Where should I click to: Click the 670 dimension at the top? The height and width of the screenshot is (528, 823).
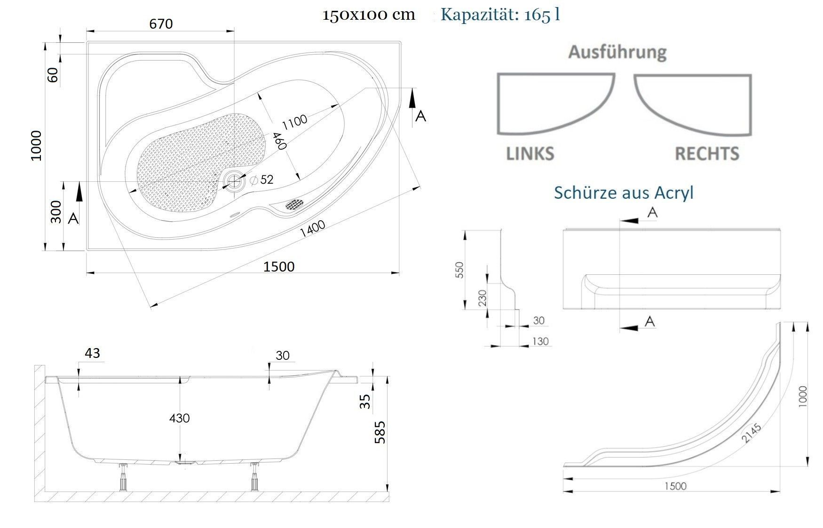(161, 23)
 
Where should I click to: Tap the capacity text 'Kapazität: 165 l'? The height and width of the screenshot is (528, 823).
(500, 15)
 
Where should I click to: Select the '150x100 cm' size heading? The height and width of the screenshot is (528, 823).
(369, 15)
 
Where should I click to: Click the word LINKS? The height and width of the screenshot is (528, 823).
(530, 154)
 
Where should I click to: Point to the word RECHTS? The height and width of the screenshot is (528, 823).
(707, 154)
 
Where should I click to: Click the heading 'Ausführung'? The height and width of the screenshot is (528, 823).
(617, 52)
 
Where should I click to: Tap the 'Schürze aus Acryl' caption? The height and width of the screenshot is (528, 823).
(624, 193)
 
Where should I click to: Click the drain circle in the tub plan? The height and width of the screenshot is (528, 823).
(234, 181)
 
